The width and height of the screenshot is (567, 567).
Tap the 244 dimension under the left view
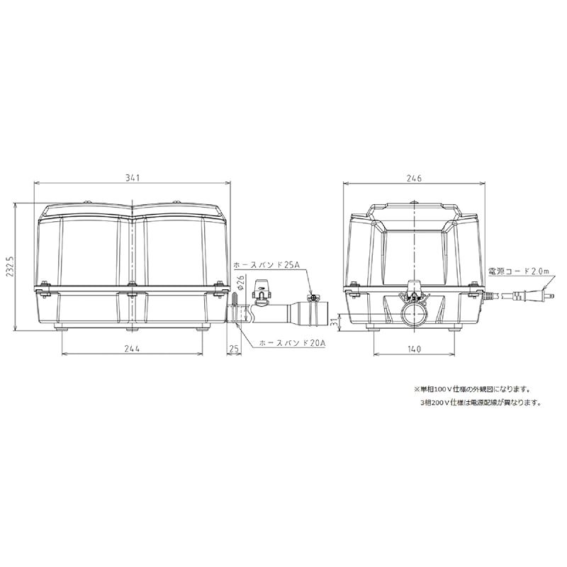pyautogui.click(x=133, y=348)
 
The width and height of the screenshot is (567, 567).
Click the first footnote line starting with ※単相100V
pyautogui.click(x=472, y=389)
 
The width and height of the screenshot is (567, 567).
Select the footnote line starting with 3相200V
pyautogui.click(x=480, y=402)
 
